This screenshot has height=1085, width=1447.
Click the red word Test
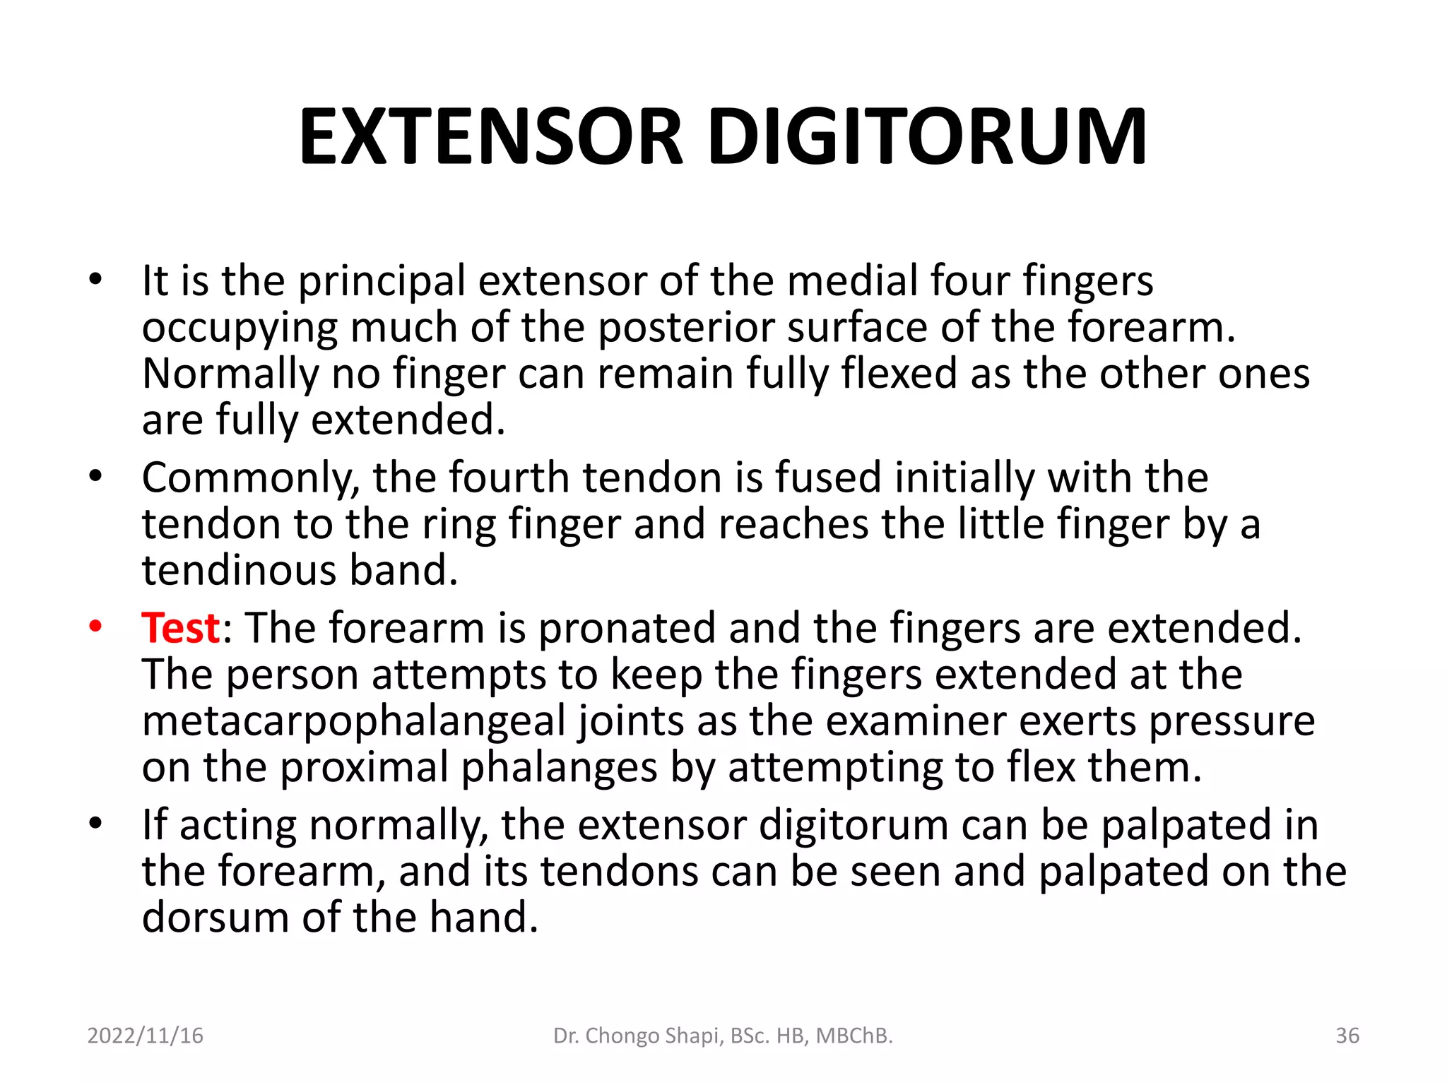tap(181, 627)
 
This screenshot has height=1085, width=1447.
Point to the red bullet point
tap(95, 626)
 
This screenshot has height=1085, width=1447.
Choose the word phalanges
tap(559, 768)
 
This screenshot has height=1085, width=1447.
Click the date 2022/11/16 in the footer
tap(145, 1036)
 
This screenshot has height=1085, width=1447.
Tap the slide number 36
tap(1347, 1036)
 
